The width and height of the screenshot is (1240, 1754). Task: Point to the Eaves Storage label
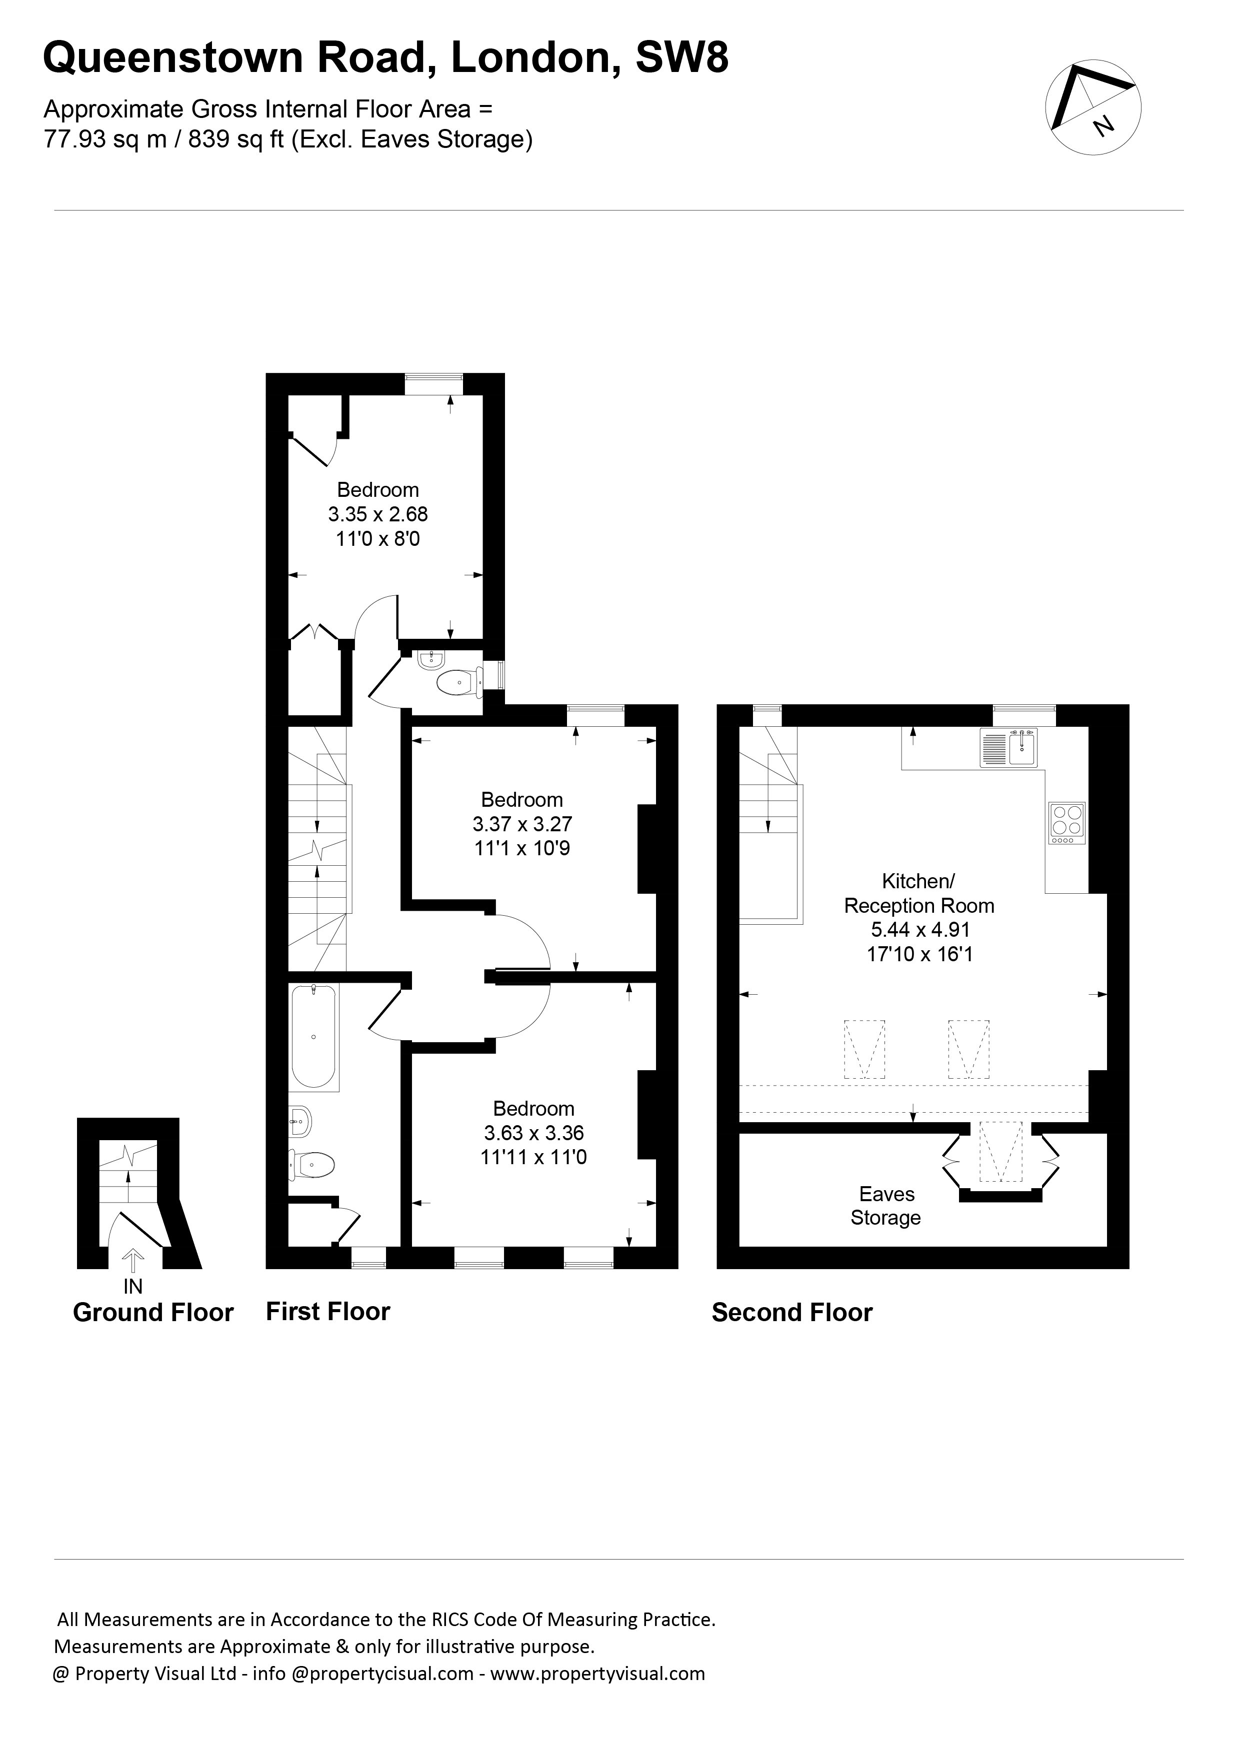[x=886, y=1206]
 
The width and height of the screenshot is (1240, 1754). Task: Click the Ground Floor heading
[x=153, y=1313]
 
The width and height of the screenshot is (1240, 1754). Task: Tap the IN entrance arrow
[x=133, y=1261]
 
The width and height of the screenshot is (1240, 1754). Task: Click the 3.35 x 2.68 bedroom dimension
[x=378, y=514]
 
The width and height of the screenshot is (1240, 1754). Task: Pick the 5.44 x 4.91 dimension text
[x=920, y=930]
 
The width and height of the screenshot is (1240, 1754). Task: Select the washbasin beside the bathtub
[x=301, y=1122]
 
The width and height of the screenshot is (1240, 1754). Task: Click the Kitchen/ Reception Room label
[x=919, y=893]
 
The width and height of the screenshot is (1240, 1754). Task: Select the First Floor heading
[x=328, y=1312]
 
